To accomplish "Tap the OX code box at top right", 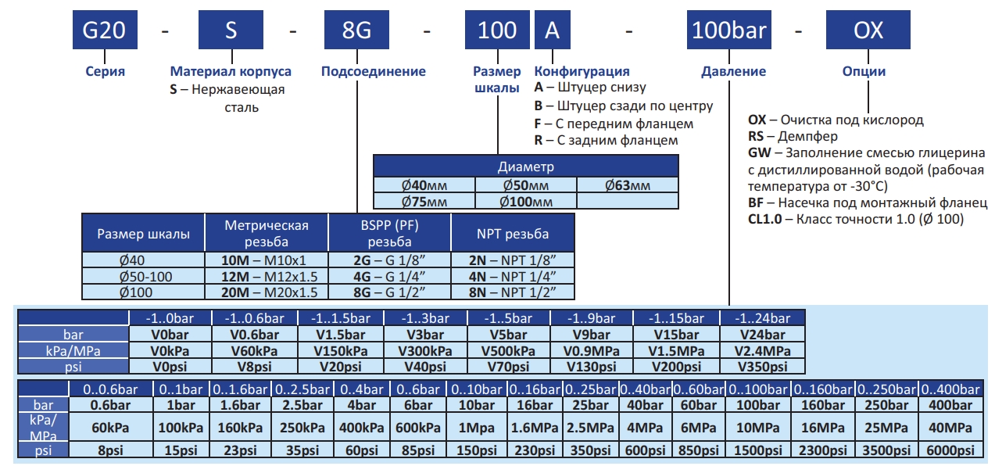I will click(x=868, y=30).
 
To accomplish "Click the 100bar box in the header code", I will click(x=729, y=30).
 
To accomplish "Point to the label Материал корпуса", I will click(x=231, y=71).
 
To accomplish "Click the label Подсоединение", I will click(x=374, y=71).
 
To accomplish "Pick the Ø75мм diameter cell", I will click(x=424, y=201).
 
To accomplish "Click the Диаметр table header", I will click(x=525, y=167).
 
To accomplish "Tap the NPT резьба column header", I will click(x=513, y=233).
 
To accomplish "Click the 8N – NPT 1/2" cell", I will click(x=513, y=292).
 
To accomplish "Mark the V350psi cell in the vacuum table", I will click(x=761, y=367).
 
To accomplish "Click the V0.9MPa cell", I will click(x=592, y=350).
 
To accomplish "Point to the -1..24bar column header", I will click(x=761, y=318).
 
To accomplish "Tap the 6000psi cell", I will click(x=950, y=451).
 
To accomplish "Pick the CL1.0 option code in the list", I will click(x=765, y=220).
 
